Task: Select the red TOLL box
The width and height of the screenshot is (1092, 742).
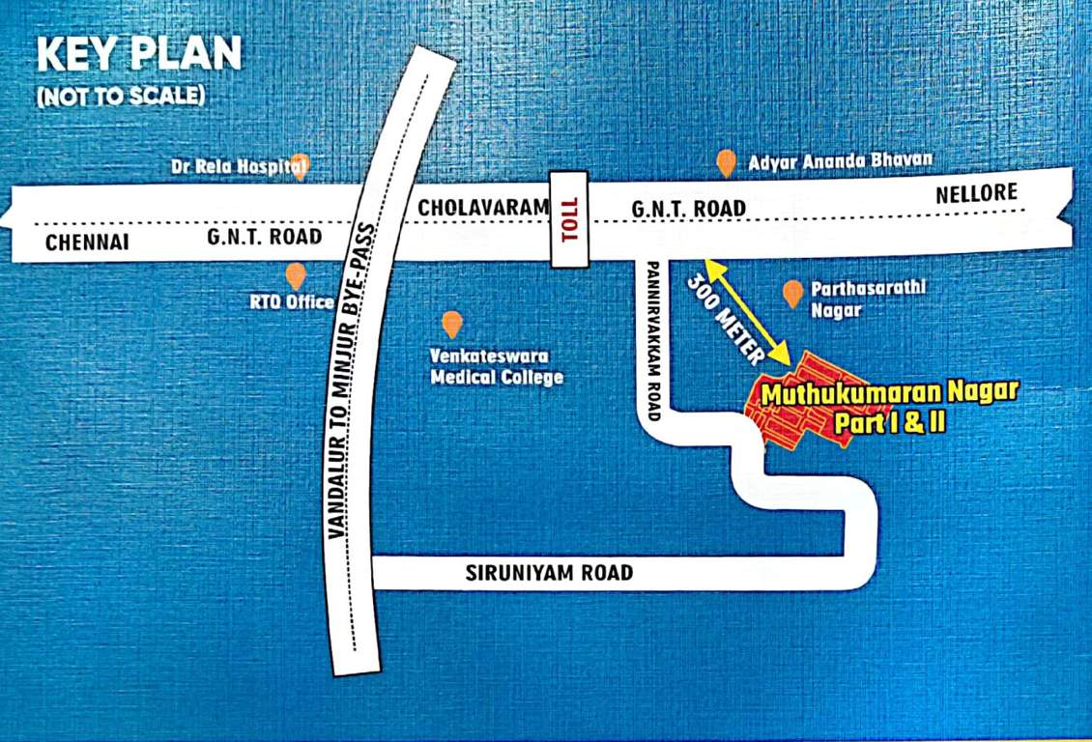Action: pos(569,220)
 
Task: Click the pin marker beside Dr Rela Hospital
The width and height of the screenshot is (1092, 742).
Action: pos(301,166)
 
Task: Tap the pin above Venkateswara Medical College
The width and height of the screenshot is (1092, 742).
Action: pos(451,324)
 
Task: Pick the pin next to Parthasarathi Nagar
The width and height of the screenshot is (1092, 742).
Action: pos(792,294)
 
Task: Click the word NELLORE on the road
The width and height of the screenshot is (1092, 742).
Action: pos(977,193)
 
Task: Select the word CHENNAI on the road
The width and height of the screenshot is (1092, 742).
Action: pos(87,242)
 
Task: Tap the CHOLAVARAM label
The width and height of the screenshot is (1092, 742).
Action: pos(482,207)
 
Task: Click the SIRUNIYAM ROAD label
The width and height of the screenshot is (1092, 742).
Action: pos(549,573)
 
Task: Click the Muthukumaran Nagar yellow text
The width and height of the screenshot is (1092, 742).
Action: pos(889,394)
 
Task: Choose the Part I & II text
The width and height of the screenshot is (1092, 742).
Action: pos(889,423)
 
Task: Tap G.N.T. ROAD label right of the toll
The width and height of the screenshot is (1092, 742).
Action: pos(688,208)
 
